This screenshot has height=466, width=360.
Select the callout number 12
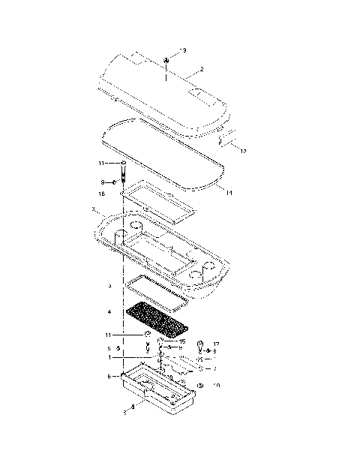[x=242, y=151]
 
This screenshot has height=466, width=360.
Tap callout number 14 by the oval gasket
[x=228, y=193]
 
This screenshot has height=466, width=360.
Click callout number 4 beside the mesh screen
[x=109, y=311]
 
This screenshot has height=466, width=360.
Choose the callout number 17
[x=216, y=344]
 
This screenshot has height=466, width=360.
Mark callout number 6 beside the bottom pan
[x=109, y=376]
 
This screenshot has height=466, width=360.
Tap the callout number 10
[x=217, y=386]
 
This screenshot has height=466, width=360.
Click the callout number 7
[x=214, y=368]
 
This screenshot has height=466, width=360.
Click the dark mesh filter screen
[x=155, y=319]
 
